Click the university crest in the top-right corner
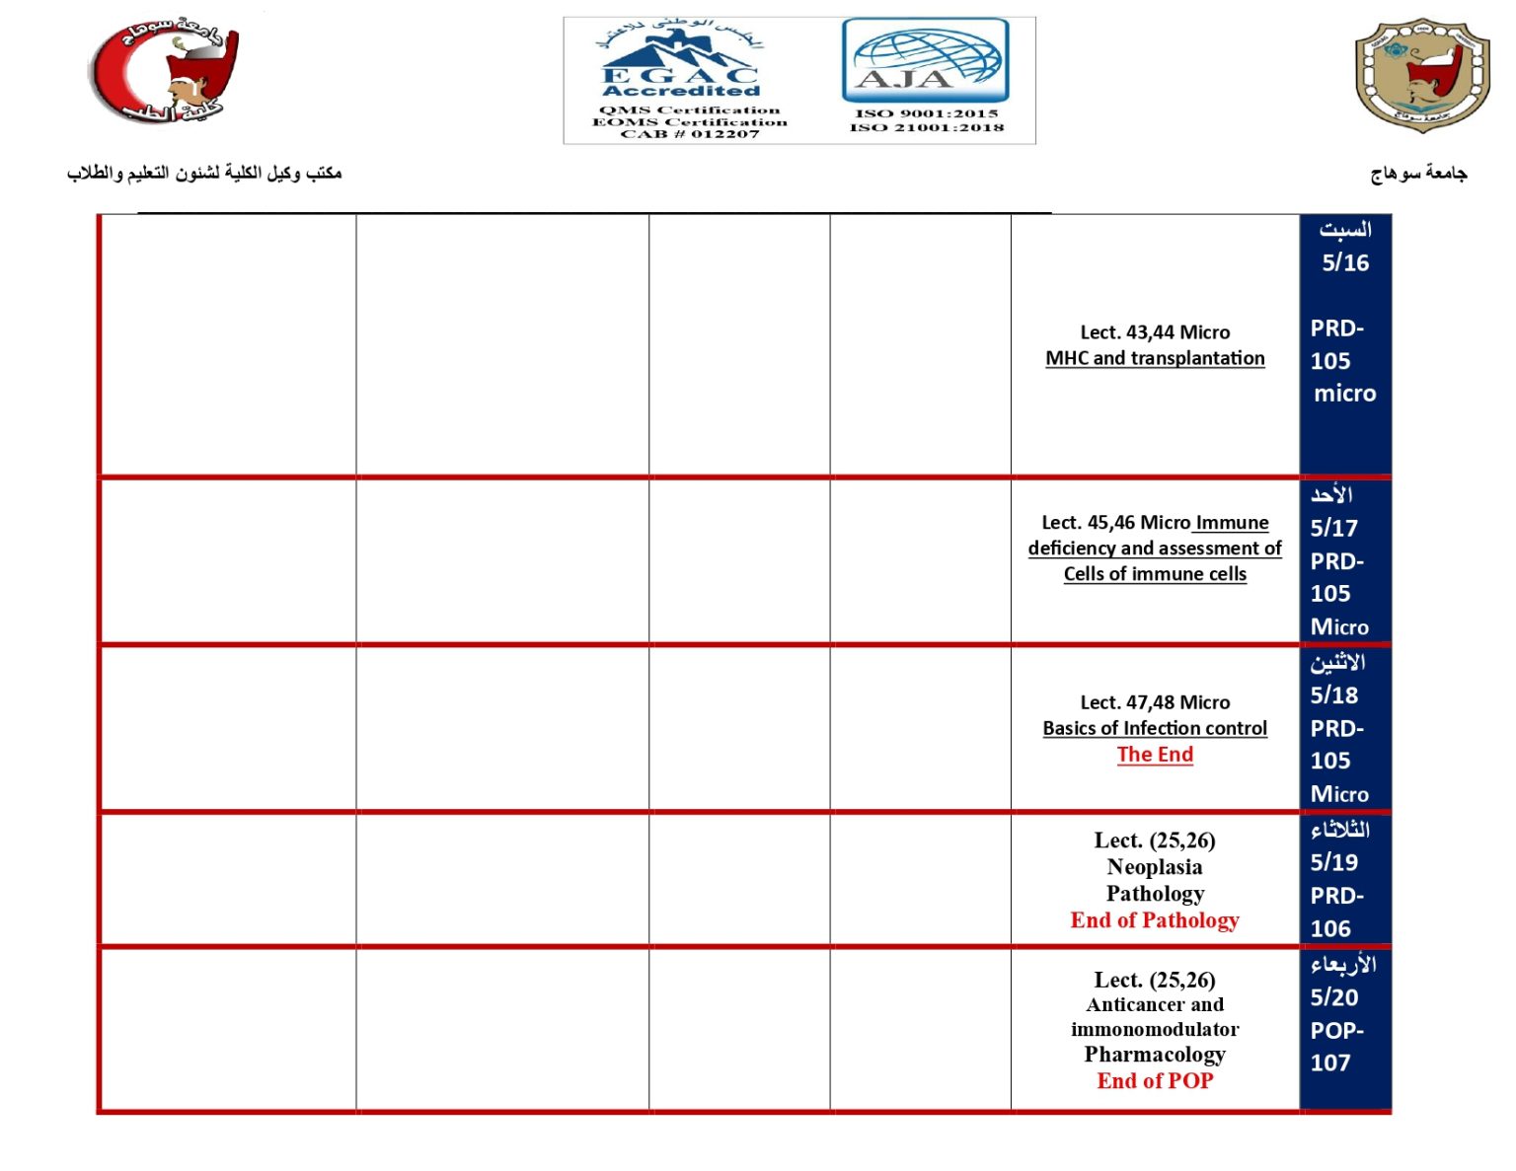[x=1421, y=74]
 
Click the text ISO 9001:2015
[x=926, y=113]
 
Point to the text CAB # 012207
[x=690, y=134]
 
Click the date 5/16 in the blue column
[x=1345, y=262]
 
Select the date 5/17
[x=1334, y=528]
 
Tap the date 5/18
[x=1334, y=695]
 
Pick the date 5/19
[x=1334, y=862]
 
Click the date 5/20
[x=1334, y=997]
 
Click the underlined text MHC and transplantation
[x=1155, y=358]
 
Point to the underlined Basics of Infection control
[x=1155, y=728]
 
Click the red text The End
[x=1155, y=755]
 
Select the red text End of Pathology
[x=1155, y=920]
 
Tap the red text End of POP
[x=1155, y=1081]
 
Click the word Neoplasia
[x=1155, y=867]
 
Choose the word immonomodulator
[x=1155, y=1029]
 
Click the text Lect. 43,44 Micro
[x=1155, y=332]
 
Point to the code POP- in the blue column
[x=1337, y=1031]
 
